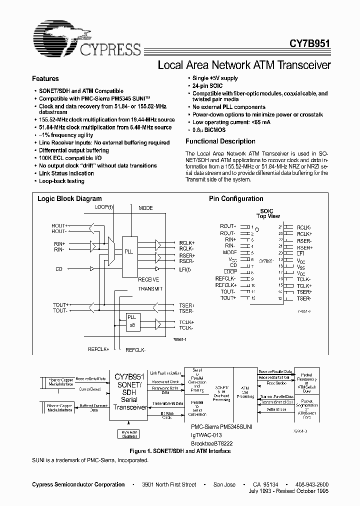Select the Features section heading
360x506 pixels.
(x=45, y=79)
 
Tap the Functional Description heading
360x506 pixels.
(x=220, y=141)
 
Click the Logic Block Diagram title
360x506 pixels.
(x=69, y=199)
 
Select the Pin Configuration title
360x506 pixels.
(x=236, y=199)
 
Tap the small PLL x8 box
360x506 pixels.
(x=131, y=321)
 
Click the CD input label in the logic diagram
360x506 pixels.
(x=59, y=269)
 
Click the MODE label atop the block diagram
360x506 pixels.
(x=145, y=208)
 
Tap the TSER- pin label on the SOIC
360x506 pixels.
(x=304, y=298)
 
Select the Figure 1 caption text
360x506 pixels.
(x=179, y=451)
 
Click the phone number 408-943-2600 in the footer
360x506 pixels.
(x=312, y=485)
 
